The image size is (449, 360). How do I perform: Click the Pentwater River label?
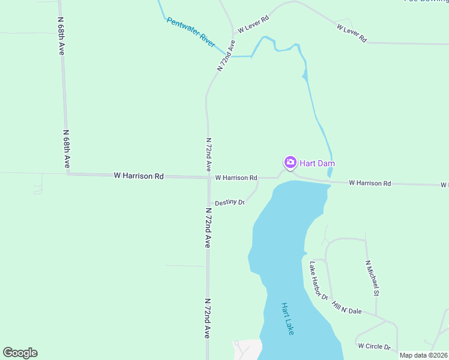coord(190,32)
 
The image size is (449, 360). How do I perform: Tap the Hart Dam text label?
coord(317,163)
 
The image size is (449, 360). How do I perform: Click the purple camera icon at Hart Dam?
coord(290,162)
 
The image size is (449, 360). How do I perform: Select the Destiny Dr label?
coord(230,202)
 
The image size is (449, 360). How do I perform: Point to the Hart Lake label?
coord(288,318)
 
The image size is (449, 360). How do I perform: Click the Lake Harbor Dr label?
coord(319,280)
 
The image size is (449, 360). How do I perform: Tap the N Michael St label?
coord(373,278)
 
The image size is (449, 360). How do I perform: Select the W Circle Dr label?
coord(374,346)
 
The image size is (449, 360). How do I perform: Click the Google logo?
coord(20,353)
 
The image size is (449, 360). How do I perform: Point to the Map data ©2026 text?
coord(424,355)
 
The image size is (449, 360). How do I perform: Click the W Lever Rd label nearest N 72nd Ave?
coord(253,24)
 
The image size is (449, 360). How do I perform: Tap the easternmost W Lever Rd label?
coord(352,33)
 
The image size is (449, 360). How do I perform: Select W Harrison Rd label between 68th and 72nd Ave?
coord(139,176)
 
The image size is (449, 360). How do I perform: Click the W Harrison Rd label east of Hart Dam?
coord(370,182)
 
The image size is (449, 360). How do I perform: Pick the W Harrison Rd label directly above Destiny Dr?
coord(236,178)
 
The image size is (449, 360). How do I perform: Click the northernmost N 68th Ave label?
coord(61,35)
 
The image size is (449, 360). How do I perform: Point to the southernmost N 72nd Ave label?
coord(208,318)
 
